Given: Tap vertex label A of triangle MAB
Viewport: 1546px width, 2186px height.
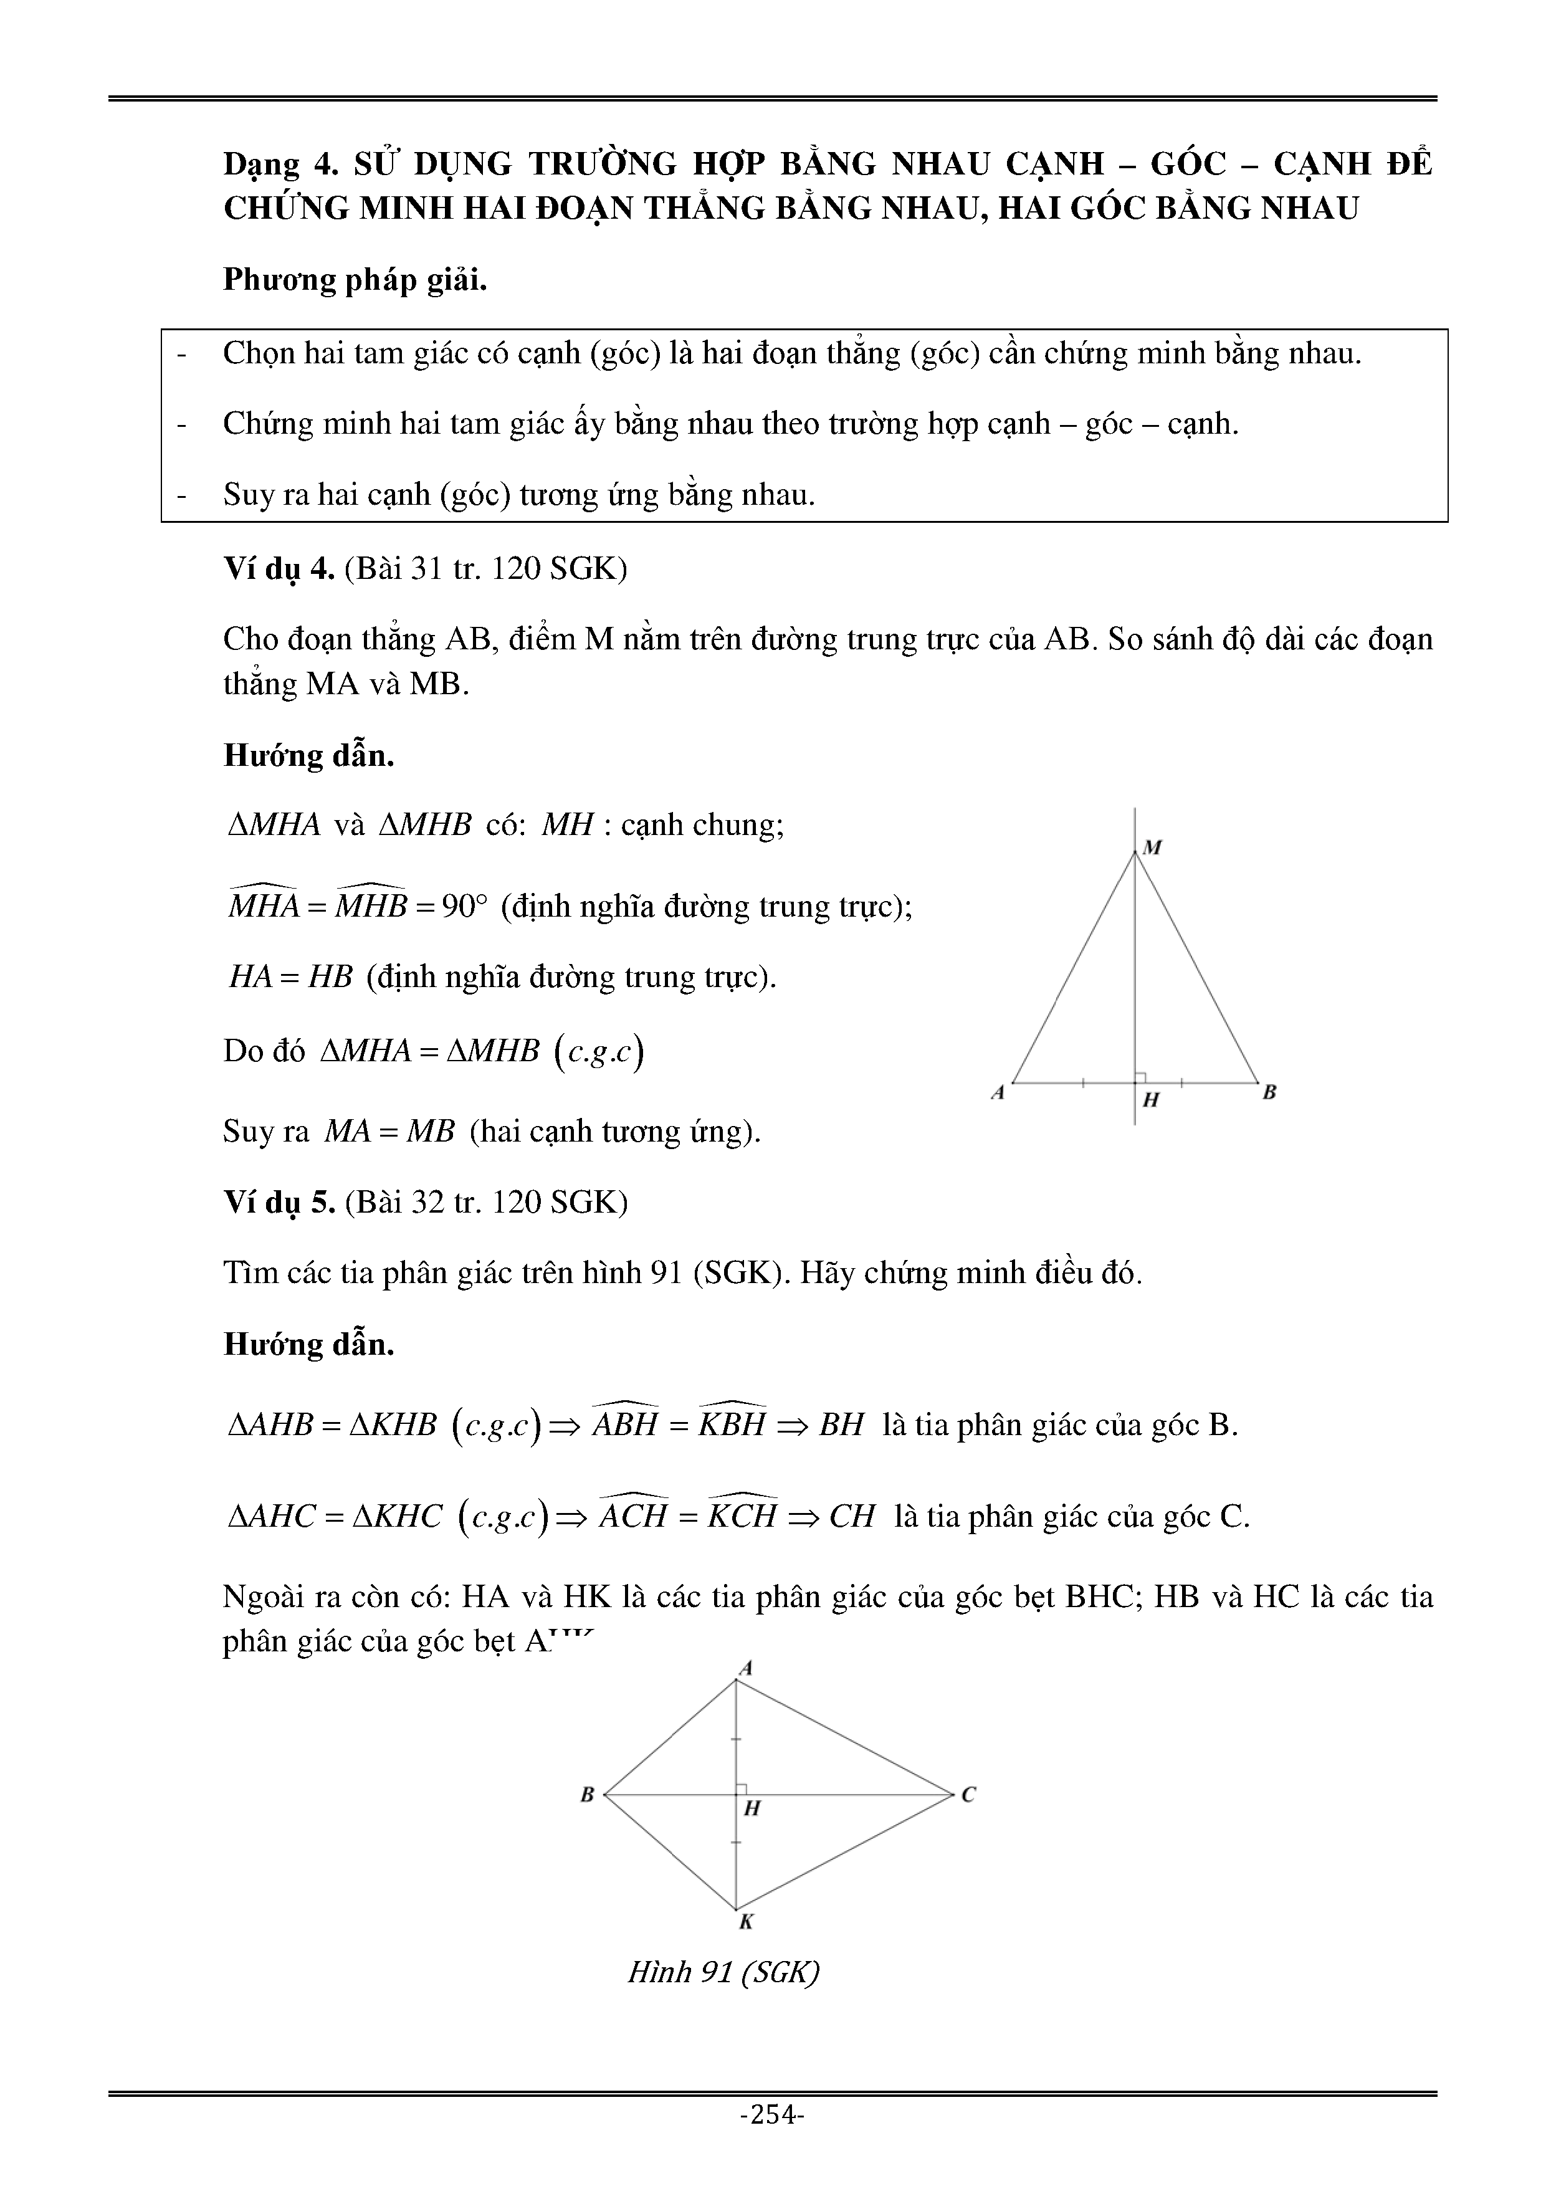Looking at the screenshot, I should click(x=998, y=1093).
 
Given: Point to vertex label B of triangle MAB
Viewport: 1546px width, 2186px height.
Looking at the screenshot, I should click(x=1269, y=1093).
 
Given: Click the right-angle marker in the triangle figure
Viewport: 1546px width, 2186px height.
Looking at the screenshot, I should click(x=1140, y=1077).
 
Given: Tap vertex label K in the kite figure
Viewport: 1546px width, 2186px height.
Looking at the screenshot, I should click(x=747, y=1923).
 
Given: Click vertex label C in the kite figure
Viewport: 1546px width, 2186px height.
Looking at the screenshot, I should click(x=968, y=1795).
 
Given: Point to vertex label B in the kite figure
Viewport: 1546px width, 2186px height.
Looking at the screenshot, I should click(x=588, y=1795).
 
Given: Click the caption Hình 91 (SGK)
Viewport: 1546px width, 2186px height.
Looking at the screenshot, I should click(x=723, y=1971).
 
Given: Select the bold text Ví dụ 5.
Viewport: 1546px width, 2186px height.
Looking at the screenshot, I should click(x=279, y=1203).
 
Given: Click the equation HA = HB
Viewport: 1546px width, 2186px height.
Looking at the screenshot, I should click(x=291, y=978).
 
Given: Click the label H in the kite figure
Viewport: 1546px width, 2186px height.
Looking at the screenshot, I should click(x=752, y=1808).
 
